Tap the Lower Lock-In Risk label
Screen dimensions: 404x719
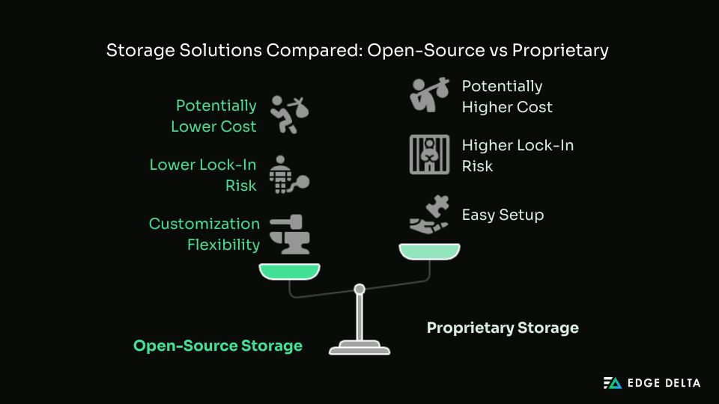pyautogui.click(x=203, y=174)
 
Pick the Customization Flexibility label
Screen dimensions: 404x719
pyautogui.click(x=204, y=233)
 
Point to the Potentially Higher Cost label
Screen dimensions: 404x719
pyautogui.click(x=507, y=97)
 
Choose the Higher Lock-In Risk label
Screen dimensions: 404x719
pyautogui.click(x=518, y=155)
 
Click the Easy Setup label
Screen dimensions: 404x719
pyautogui.click(x=503, y=215)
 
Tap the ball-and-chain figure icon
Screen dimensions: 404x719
pyautogui.click(x=288, y=174)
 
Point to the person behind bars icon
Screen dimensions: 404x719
pyautogui.click(x=429, y=154)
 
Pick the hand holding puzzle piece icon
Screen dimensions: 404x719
pyautogui.click(x=429, y=215)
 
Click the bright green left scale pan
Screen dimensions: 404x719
pyautogui.click(x=289, y=271)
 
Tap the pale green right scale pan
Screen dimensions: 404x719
pyautogui.click(x=429, y=251)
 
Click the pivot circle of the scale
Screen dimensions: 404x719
pyautogui.click(x=359, y=289)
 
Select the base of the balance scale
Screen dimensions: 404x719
pyautogui.click(x=359, y=348)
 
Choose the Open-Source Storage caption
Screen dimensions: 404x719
pyautogui.click(x=218, y=346)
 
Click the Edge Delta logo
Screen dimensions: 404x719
pyautogui.click(x=652, y=383)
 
